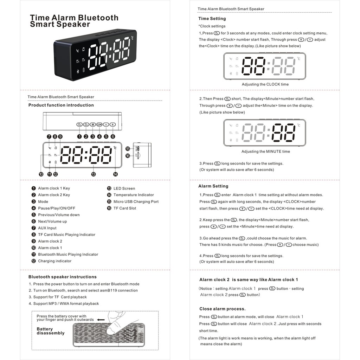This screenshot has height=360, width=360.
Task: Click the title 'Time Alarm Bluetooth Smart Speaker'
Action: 74,21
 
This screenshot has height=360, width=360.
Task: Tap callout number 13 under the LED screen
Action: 93,174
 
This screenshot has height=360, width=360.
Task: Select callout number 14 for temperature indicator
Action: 115,174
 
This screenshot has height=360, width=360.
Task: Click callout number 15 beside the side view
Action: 128,149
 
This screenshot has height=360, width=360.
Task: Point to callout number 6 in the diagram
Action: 113,136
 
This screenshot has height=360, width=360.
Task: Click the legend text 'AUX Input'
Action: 47,228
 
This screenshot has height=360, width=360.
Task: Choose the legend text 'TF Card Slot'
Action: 125,208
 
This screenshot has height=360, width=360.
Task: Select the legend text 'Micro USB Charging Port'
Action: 136,202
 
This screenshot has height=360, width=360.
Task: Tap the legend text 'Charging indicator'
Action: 54,261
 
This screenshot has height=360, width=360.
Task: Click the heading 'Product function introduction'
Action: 61,105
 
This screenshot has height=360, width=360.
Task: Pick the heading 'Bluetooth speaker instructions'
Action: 63,277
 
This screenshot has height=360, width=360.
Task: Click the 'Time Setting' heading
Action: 212,19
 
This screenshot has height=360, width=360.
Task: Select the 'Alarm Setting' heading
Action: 213,186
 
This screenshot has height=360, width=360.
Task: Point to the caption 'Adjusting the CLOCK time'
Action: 265,84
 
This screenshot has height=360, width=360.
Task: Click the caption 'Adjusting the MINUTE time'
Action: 265,152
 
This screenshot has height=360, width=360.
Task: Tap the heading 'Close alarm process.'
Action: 222,309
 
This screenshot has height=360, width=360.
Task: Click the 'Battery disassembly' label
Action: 51,331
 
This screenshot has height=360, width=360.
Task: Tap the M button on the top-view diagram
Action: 92,124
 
